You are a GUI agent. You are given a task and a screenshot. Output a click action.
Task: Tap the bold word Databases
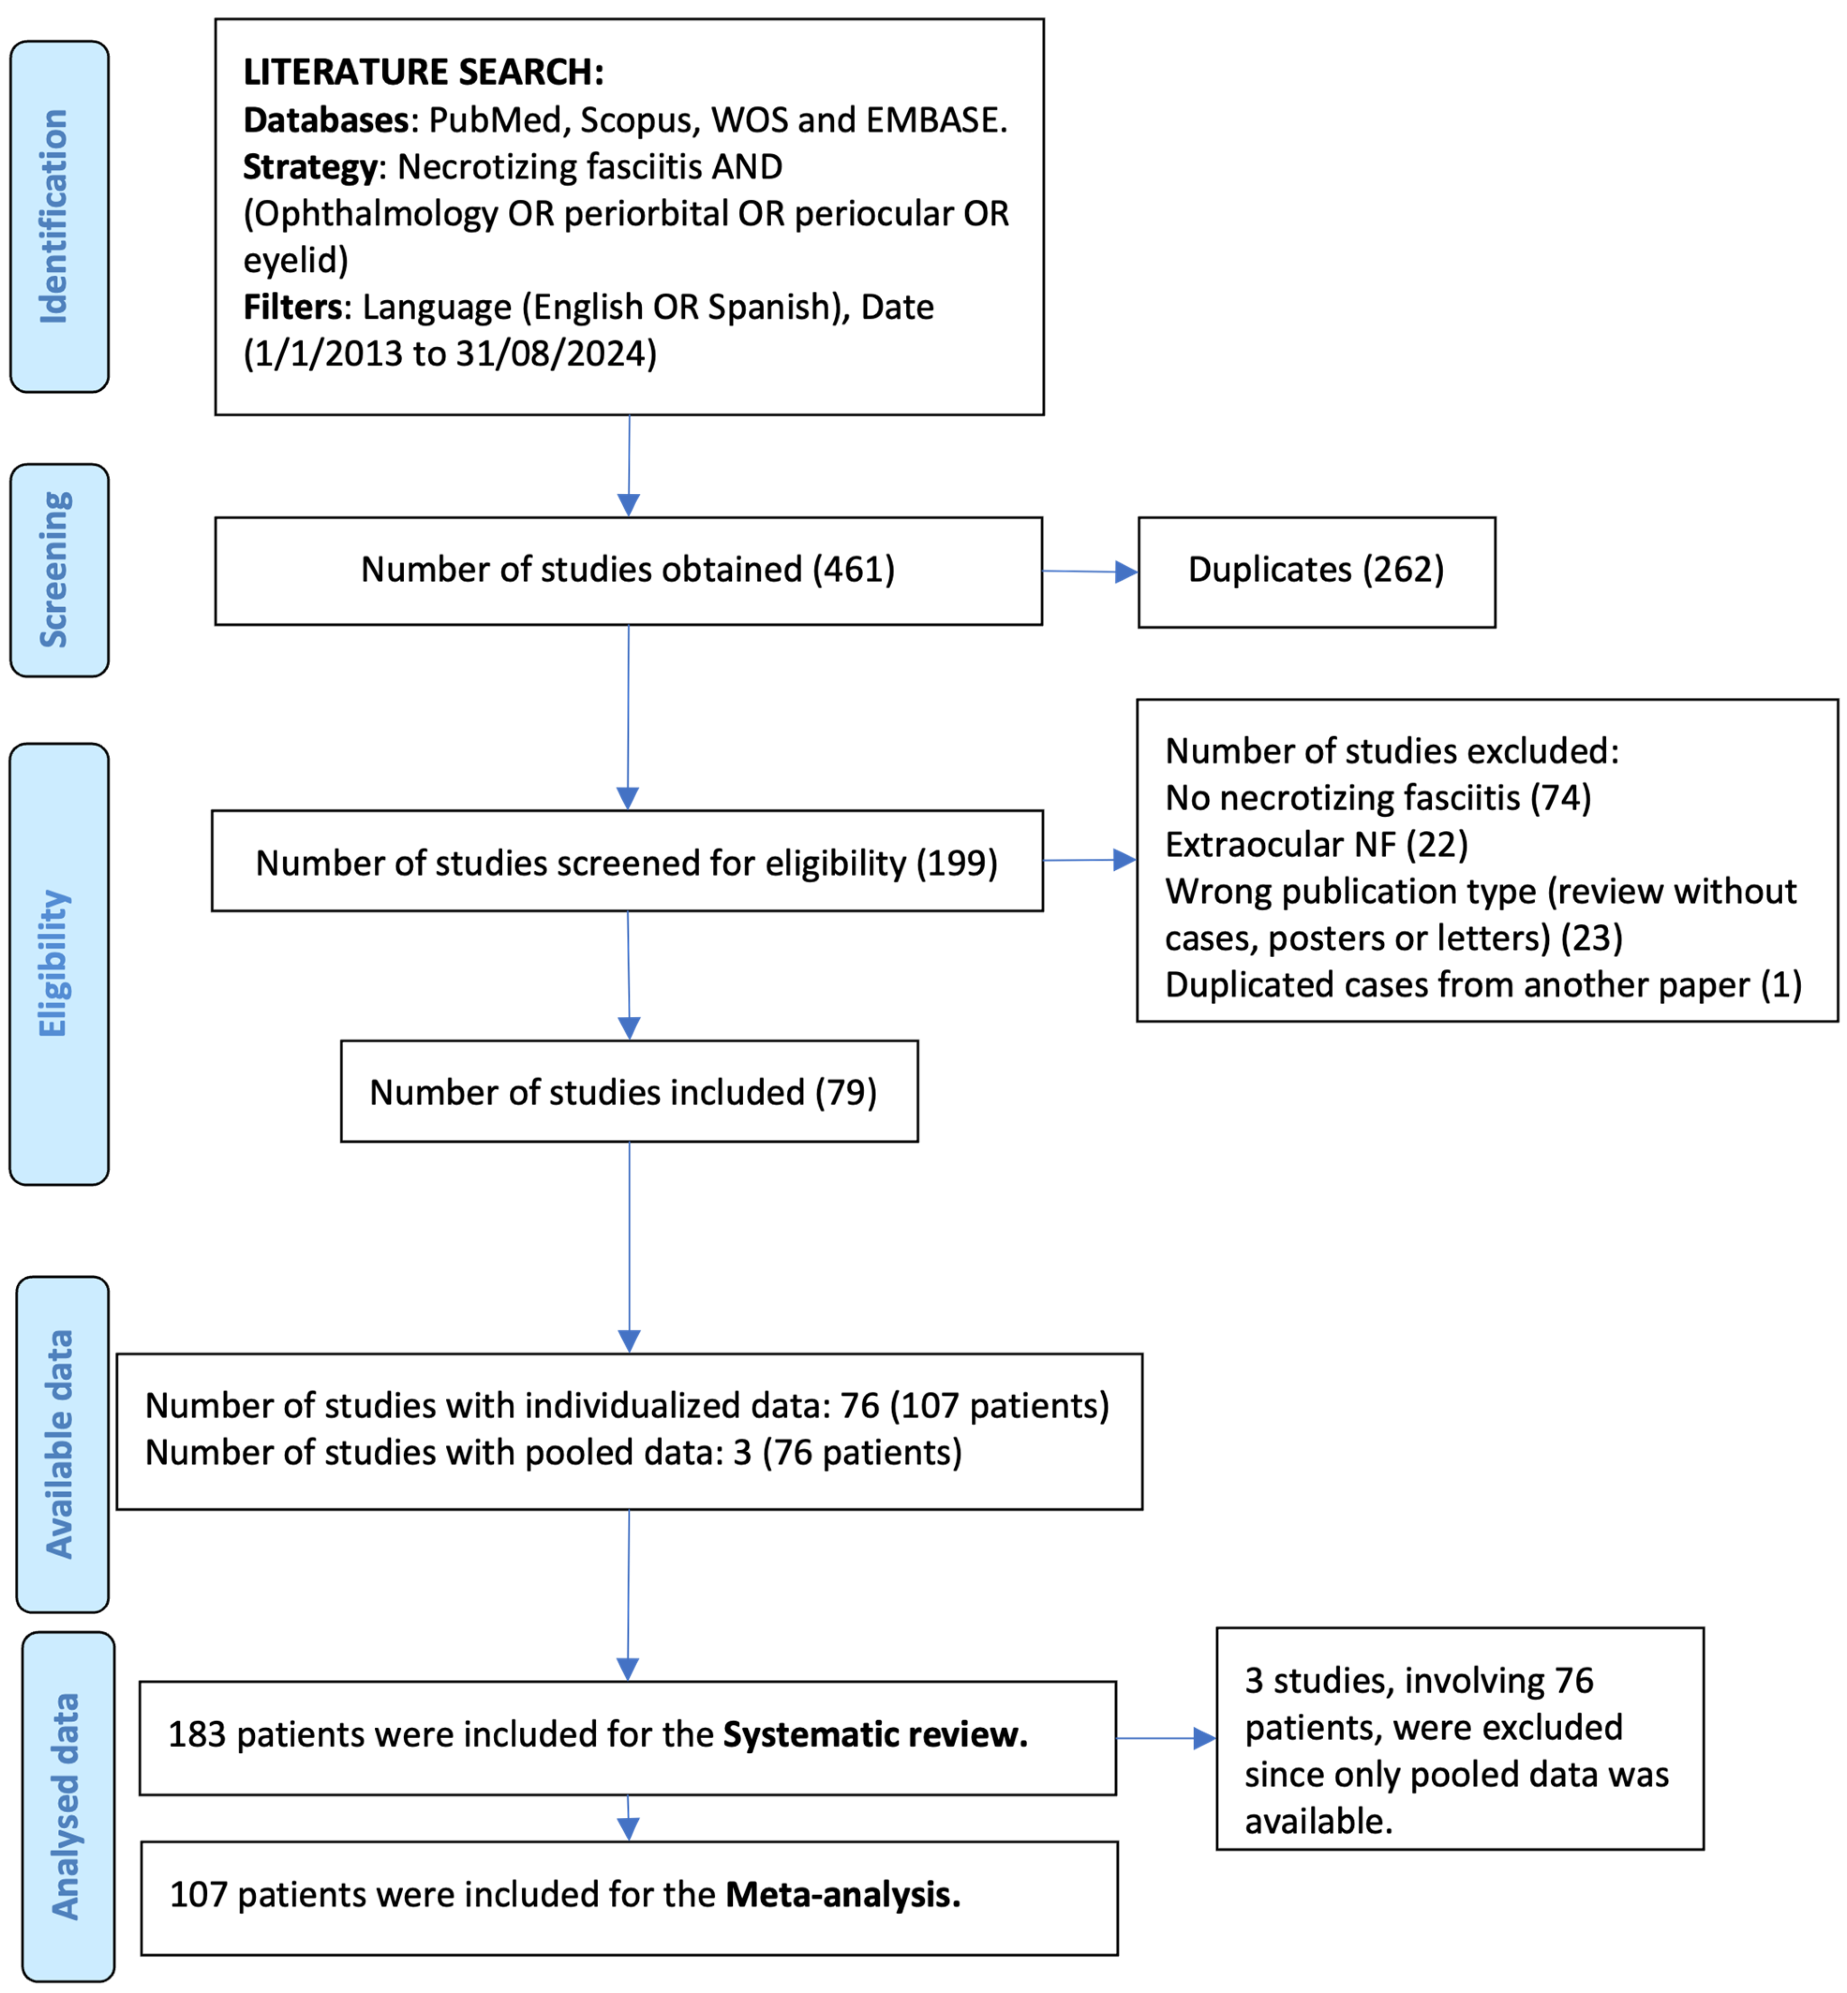click(x=326, y=120)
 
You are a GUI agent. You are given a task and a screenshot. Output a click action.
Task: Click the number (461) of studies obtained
click(x=852, y=570)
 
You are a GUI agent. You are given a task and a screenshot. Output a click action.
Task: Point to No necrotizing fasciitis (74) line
click(x=1377, y=797)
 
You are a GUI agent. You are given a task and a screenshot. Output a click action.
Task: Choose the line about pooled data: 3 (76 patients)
click(x=553, y=1452)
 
